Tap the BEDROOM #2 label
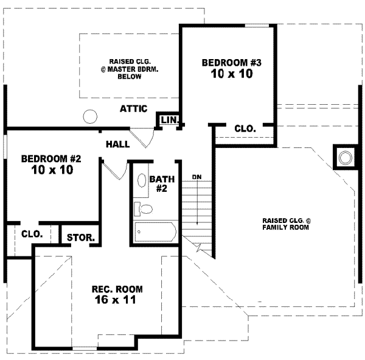pos(51,159)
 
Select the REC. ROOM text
pos(109,289)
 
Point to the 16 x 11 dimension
pos(109,300)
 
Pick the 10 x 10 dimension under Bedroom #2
pos(51,171)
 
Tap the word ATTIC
pos(133,109)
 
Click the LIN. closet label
pos(168,121)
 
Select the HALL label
pos(117,144)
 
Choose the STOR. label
pos(80,238)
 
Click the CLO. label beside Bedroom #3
pos(245,129)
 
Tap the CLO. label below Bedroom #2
pos(32,234)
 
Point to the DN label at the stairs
pos(196,177)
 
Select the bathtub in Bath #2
pos(156,231)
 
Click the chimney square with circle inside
pos(345,158)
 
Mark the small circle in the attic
pos(90,115)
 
